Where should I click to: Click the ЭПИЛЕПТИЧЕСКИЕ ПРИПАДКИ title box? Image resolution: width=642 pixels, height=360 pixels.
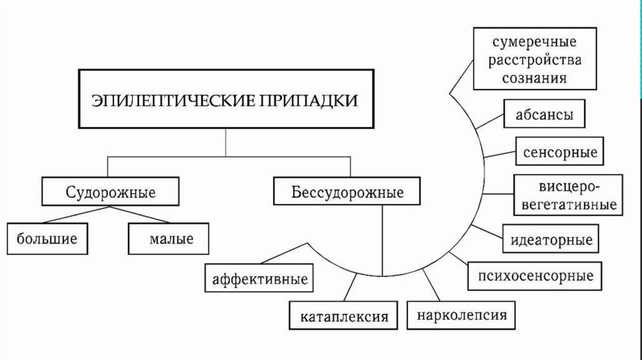[x=226, y=100]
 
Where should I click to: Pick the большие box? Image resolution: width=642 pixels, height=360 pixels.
[x=47, y=238]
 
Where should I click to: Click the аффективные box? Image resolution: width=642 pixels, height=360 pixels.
[x=260, y=278]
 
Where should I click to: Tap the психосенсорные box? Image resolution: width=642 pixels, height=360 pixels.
[x=535, y=275]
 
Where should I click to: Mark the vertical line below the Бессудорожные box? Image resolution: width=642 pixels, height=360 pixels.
[x=382, y=238]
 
